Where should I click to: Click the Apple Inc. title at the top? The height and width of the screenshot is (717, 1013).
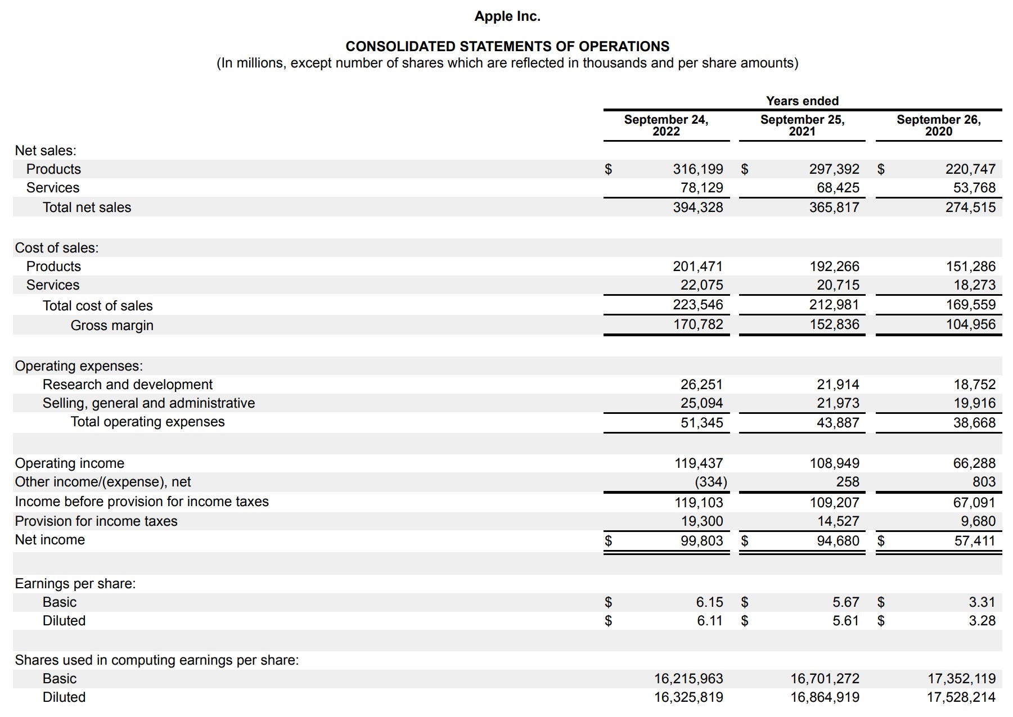point(507,16)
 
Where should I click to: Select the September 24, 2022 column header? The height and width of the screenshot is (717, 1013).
point(666,125)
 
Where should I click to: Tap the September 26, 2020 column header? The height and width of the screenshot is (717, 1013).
point(938,125)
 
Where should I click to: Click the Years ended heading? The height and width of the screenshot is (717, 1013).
point(802,101)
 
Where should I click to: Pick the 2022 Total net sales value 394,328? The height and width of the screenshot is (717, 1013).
point(698,208)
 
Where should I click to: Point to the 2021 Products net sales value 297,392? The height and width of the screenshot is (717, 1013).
point(834,169)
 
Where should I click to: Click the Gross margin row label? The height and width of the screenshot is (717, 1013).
point(112,326)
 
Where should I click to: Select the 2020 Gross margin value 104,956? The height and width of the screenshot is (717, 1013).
point(970,324)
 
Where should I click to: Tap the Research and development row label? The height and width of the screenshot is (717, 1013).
point(128,385)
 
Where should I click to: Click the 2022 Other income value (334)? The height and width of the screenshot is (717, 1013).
point(710,482)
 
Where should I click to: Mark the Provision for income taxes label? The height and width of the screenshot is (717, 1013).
point(96,521)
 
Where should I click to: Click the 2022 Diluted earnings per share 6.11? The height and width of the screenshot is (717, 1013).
point(709,621)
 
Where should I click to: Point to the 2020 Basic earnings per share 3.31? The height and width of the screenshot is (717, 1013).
point(982,602)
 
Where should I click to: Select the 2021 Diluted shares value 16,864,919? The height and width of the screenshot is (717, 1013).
point(825,697)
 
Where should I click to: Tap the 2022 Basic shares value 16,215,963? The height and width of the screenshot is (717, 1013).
point(688,679)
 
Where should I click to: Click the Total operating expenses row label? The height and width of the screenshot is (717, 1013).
point(147,422)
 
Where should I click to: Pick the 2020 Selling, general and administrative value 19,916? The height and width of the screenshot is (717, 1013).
point(974,403)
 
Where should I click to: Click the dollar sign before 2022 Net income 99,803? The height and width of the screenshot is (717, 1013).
point(608,541)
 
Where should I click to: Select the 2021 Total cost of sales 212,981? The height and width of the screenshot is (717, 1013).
point(834,305)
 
